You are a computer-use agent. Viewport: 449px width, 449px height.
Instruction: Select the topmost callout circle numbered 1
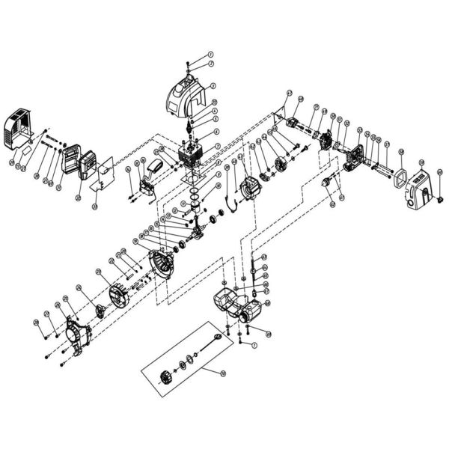(210, 55)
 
